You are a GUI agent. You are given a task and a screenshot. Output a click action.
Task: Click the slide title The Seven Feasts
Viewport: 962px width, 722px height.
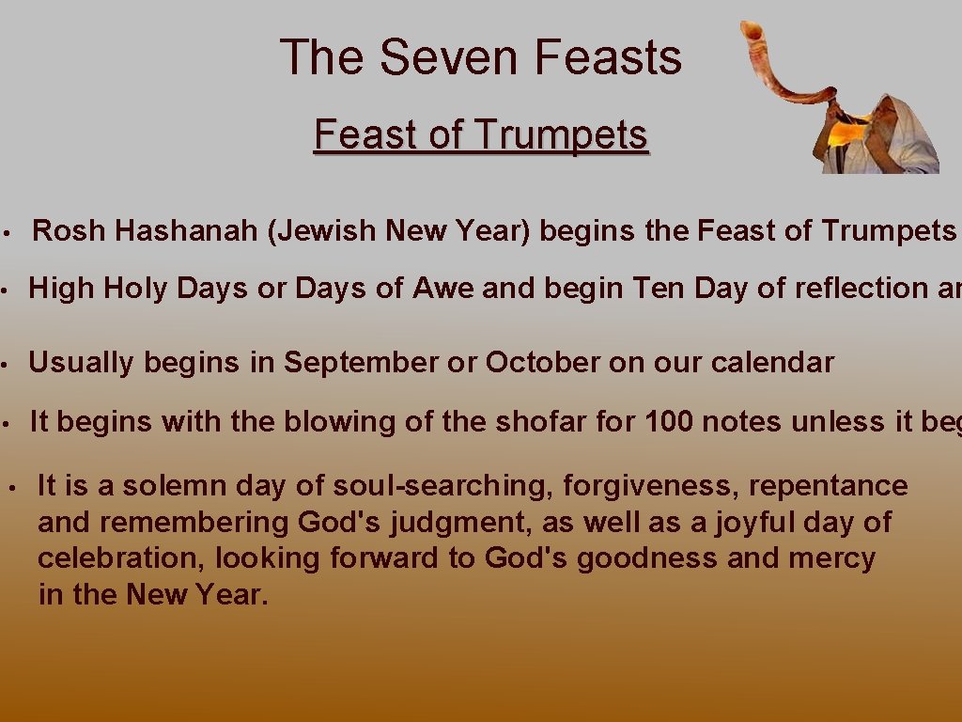coord(480,57)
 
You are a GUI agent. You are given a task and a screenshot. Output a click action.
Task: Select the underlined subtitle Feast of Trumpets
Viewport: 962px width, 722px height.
coord(480,134)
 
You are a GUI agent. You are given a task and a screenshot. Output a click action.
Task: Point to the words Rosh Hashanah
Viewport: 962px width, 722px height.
coord(146,230)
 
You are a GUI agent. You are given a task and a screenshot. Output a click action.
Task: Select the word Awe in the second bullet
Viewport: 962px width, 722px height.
coord(444,289)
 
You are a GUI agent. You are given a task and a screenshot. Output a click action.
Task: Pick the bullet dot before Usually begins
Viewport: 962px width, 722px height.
coord(6,363)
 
